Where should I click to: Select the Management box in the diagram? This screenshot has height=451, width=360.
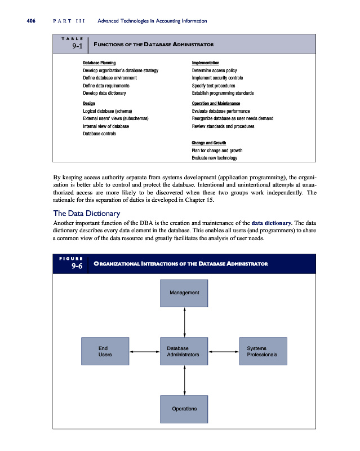184,293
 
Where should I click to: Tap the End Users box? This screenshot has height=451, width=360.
105,351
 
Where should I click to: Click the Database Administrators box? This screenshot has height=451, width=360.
184,351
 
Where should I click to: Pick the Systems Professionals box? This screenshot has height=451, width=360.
263,351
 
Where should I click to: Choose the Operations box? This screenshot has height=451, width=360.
184,408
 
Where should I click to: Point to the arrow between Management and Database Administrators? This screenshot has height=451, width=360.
184,322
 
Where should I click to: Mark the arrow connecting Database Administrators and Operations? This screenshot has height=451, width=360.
184,379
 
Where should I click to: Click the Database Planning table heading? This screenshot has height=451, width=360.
100,63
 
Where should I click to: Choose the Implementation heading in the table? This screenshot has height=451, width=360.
206,63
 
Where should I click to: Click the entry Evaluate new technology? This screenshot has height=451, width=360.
214,158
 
